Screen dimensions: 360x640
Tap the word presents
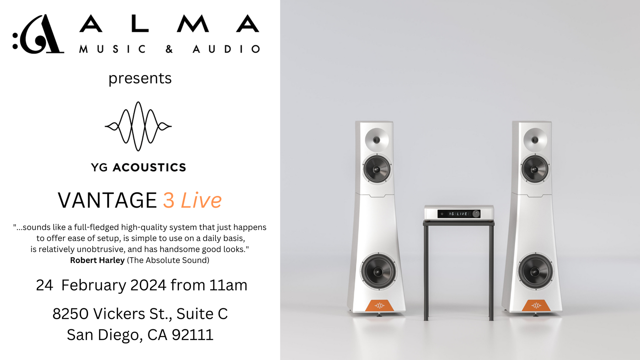[140, 79]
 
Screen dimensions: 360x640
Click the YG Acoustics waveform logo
[138, 126]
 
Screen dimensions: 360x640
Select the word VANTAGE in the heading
[107, 200]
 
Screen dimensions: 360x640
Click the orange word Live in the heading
[201, 200]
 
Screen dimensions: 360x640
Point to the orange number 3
[169, 200]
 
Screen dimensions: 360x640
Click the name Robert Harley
[97, 260]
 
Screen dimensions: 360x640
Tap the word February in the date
[94, 285]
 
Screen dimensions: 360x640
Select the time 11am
[228, 285]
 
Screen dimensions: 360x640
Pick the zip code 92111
[192, 335]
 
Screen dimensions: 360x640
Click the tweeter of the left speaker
[377, 140]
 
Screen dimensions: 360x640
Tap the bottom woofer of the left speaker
[378, 272]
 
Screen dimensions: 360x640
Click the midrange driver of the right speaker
[534, 169]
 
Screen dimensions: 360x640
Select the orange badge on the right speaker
[536, 305]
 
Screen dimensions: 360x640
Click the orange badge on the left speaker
[379, 305]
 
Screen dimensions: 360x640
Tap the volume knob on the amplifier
[476, 214]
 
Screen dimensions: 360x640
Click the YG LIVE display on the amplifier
[458, 214]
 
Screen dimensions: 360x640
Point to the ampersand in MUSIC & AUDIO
[169, 49]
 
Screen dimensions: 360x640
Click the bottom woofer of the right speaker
[535, 272]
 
